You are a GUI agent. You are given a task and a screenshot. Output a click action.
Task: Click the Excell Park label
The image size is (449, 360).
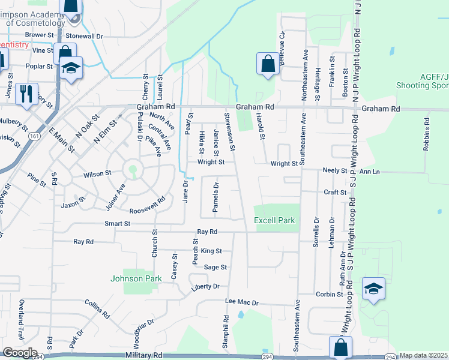(275, 220)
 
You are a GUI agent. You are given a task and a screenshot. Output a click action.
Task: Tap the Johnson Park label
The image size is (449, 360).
(136, 278)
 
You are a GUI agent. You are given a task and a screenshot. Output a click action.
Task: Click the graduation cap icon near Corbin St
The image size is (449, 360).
(373, 289)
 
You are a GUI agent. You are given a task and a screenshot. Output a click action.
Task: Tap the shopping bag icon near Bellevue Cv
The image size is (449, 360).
(268, 63)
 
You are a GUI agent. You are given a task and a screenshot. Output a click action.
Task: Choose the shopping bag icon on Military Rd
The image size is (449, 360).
(340, 346)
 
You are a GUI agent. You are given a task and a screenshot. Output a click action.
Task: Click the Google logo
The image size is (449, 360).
(20, 352)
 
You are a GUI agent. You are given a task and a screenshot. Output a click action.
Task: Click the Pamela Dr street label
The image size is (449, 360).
(215, 199)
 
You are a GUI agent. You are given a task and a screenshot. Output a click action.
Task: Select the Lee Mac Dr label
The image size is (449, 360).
(241, 302)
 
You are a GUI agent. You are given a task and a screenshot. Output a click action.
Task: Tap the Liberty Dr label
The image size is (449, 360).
(206, 287)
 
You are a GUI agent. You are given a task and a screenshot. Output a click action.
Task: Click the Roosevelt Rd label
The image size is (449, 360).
(146, 205)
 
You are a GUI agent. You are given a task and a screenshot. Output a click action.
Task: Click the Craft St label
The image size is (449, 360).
(335, 192)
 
